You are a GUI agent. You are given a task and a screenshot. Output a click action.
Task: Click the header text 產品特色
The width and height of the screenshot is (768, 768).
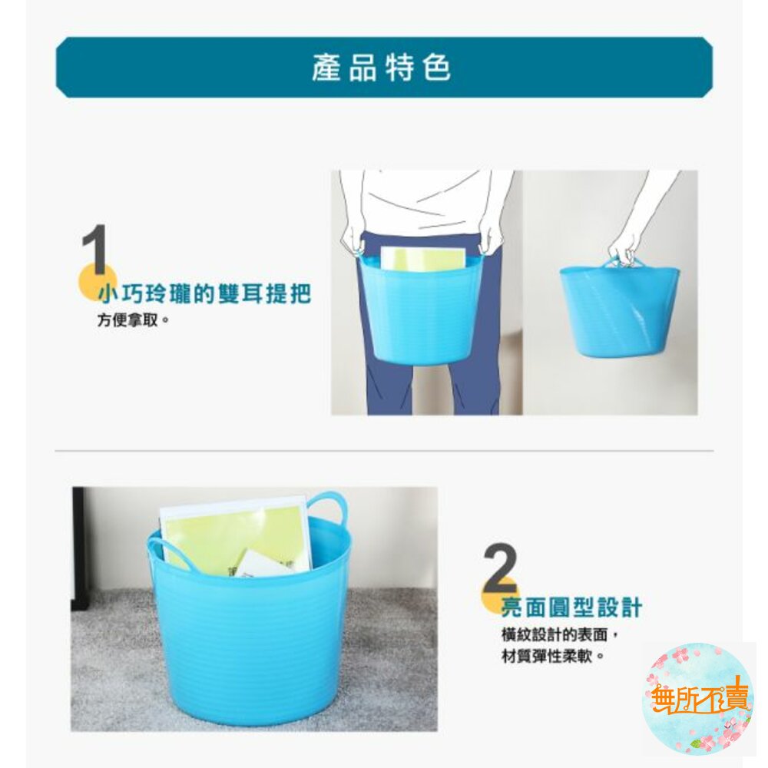tap(382, 68)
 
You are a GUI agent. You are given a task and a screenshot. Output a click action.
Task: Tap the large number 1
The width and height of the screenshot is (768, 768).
tap(94, 250)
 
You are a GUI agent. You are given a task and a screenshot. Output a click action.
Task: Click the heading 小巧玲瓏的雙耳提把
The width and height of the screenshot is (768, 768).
tap(204, 293)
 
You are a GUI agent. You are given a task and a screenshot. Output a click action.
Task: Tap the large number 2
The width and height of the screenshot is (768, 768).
tap(501, 568)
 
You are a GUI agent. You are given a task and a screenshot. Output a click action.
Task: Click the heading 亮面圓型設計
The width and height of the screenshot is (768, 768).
tap(571, 608)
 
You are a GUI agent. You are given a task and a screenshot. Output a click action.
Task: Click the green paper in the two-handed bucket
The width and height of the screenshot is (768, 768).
tap(422, 259)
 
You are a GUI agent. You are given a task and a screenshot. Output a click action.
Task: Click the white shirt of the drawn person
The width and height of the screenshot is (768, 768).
tap(422, 200)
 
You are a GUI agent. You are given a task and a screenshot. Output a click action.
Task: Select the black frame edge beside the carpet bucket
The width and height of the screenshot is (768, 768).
tap(78, 545)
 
